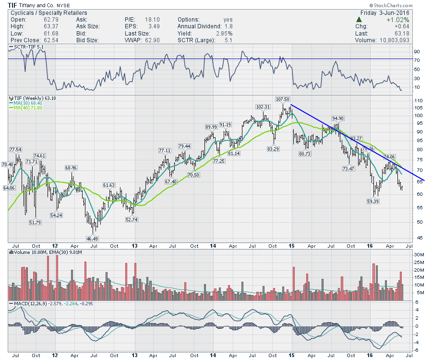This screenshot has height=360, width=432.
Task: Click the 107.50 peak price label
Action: (x=283, y=99)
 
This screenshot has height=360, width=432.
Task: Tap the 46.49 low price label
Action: (x=92, y=239)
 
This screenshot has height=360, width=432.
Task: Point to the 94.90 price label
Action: (x=338, y=118)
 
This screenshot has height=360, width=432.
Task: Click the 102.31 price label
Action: (x=263, y=107)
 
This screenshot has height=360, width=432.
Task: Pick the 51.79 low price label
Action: (x=36, y=222)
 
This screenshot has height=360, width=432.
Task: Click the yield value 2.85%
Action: (x=224, y=34)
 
